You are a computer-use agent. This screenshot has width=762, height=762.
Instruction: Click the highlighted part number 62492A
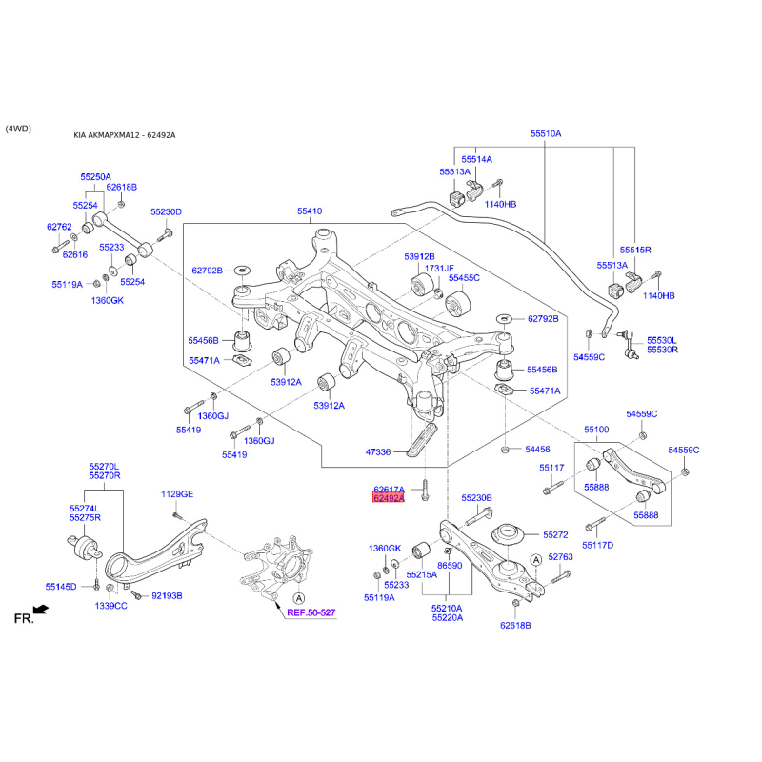point(389,498)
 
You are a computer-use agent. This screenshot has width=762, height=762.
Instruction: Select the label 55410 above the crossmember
point(310,211)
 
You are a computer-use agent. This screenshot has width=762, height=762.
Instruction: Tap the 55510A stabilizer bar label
point(546,133)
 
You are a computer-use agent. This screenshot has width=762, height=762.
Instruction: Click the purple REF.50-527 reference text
point(311,612)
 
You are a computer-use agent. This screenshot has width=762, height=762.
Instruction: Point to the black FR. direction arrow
point(41,610)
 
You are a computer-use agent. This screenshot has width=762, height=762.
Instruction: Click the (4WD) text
point(18,129)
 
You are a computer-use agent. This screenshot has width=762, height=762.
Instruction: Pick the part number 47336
point(377,451)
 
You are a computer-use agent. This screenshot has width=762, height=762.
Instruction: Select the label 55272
point(555,534)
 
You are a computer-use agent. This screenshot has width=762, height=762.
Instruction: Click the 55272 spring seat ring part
point(507,535)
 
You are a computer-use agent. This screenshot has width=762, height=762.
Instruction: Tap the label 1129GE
point(177,494)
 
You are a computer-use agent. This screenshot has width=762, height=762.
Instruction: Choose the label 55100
point(596,430)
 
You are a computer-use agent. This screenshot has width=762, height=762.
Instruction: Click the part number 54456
point(537,450)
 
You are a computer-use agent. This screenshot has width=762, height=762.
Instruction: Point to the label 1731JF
point(439,269)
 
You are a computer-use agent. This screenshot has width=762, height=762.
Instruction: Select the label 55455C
point(464,277)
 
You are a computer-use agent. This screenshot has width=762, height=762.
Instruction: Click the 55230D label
point(166,211)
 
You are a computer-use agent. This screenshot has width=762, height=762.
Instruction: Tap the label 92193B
point(168,596)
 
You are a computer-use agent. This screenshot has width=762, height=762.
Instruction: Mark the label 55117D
point(598,545)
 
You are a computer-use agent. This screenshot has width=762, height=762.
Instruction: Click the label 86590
point(450,565)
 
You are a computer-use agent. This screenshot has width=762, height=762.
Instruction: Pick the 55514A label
point(477,159)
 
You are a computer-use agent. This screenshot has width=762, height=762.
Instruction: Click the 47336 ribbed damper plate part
point(422,439)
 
